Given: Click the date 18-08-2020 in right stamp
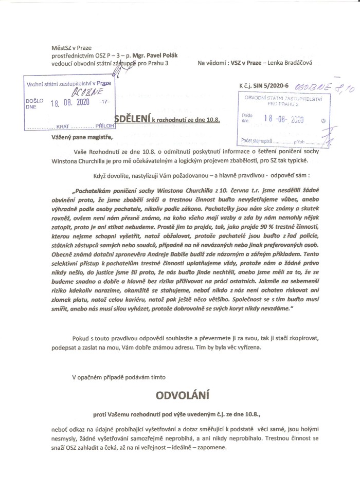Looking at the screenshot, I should point(283,119).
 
